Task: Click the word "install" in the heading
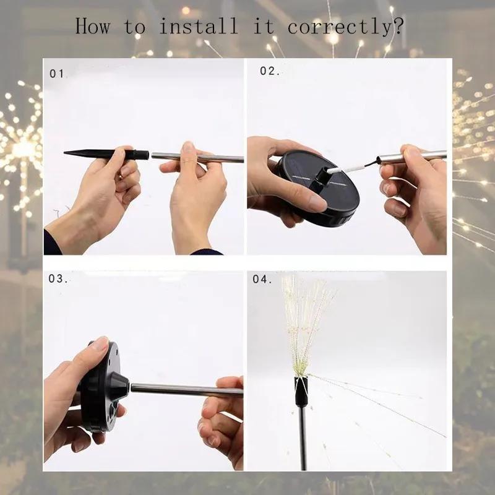tap(198, 27)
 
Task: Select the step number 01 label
tap(58, 74)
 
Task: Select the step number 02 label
tap(270, 71)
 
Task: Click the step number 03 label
tap(59, 278)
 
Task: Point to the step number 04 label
tap(262, 279)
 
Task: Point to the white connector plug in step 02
tap(347, 167)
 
